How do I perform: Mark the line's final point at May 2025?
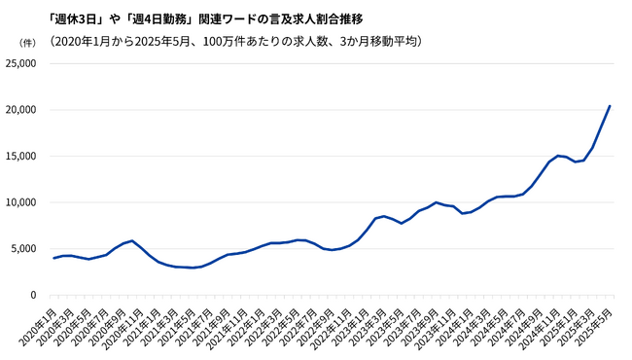(610, 105)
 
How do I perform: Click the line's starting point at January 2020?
(53, 258)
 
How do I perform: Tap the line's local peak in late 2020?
(132, 240)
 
